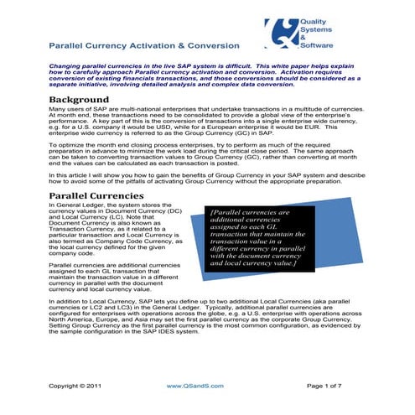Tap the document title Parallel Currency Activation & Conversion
tap(148, 45)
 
